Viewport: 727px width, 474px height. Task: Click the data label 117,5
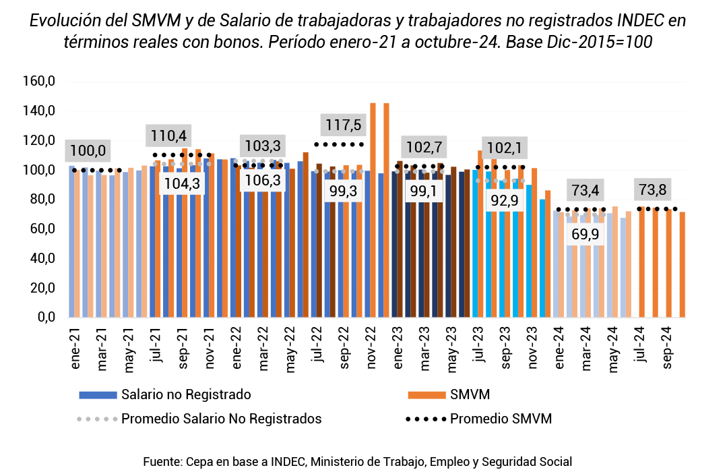pyautogui.click(x=341, y=126)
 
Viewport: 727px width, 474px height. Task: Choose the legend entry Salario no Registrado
pyautogui.click(x=186, y=394)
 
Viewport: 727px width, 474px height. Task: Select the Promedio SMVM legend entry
pyautogui.click(x=501, y=419)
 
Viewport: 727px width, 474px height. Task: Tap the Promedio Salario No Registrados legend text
pyautogui.click(x=221, y=419)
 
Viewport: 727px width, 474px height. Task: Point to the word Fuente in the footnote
pyautogui.click(x=161, y=462)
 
